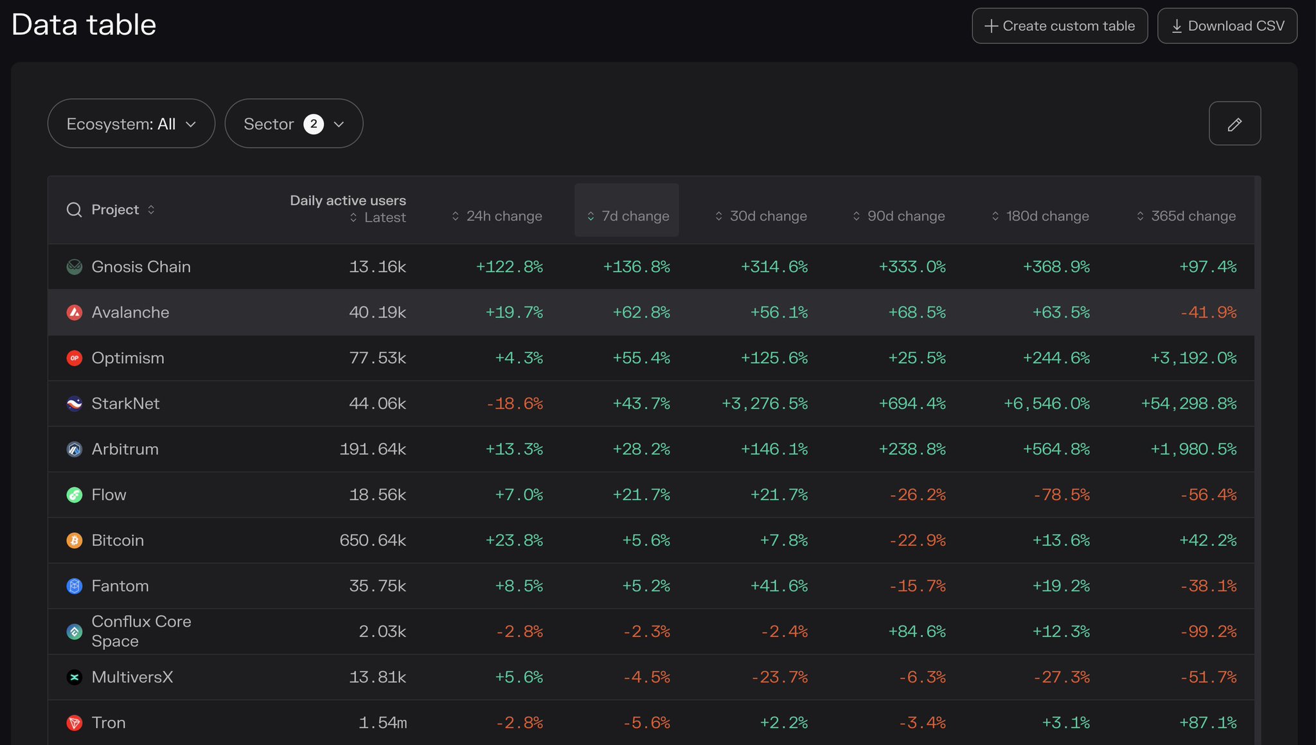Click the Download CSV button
point(1227,26)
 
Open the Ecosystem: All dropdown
point(131,123)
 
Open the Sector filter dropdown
point(294,123)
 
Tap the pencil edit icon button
point(1234,123)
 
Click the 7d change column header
point(627,216)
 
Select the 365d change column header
point(1186,216)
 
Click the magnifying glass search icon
point(75,210)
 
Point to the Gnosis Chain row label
point(141,267)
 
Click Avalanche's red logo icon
point(75,312)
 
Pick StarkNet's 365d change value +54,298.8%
point(1188,404)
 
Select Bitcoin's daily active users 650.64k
point(373,541)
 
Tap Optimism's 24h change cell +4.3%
point(519,358)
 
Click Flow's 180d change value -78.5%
point(1061,495)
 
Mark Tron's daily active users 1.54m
point(382,723)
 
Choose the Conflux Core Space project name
point(141,631)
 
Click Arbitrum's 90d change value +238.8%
point(912,449)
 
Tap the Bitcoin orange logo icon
point(75,541)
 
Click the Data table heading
point(84,25)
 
